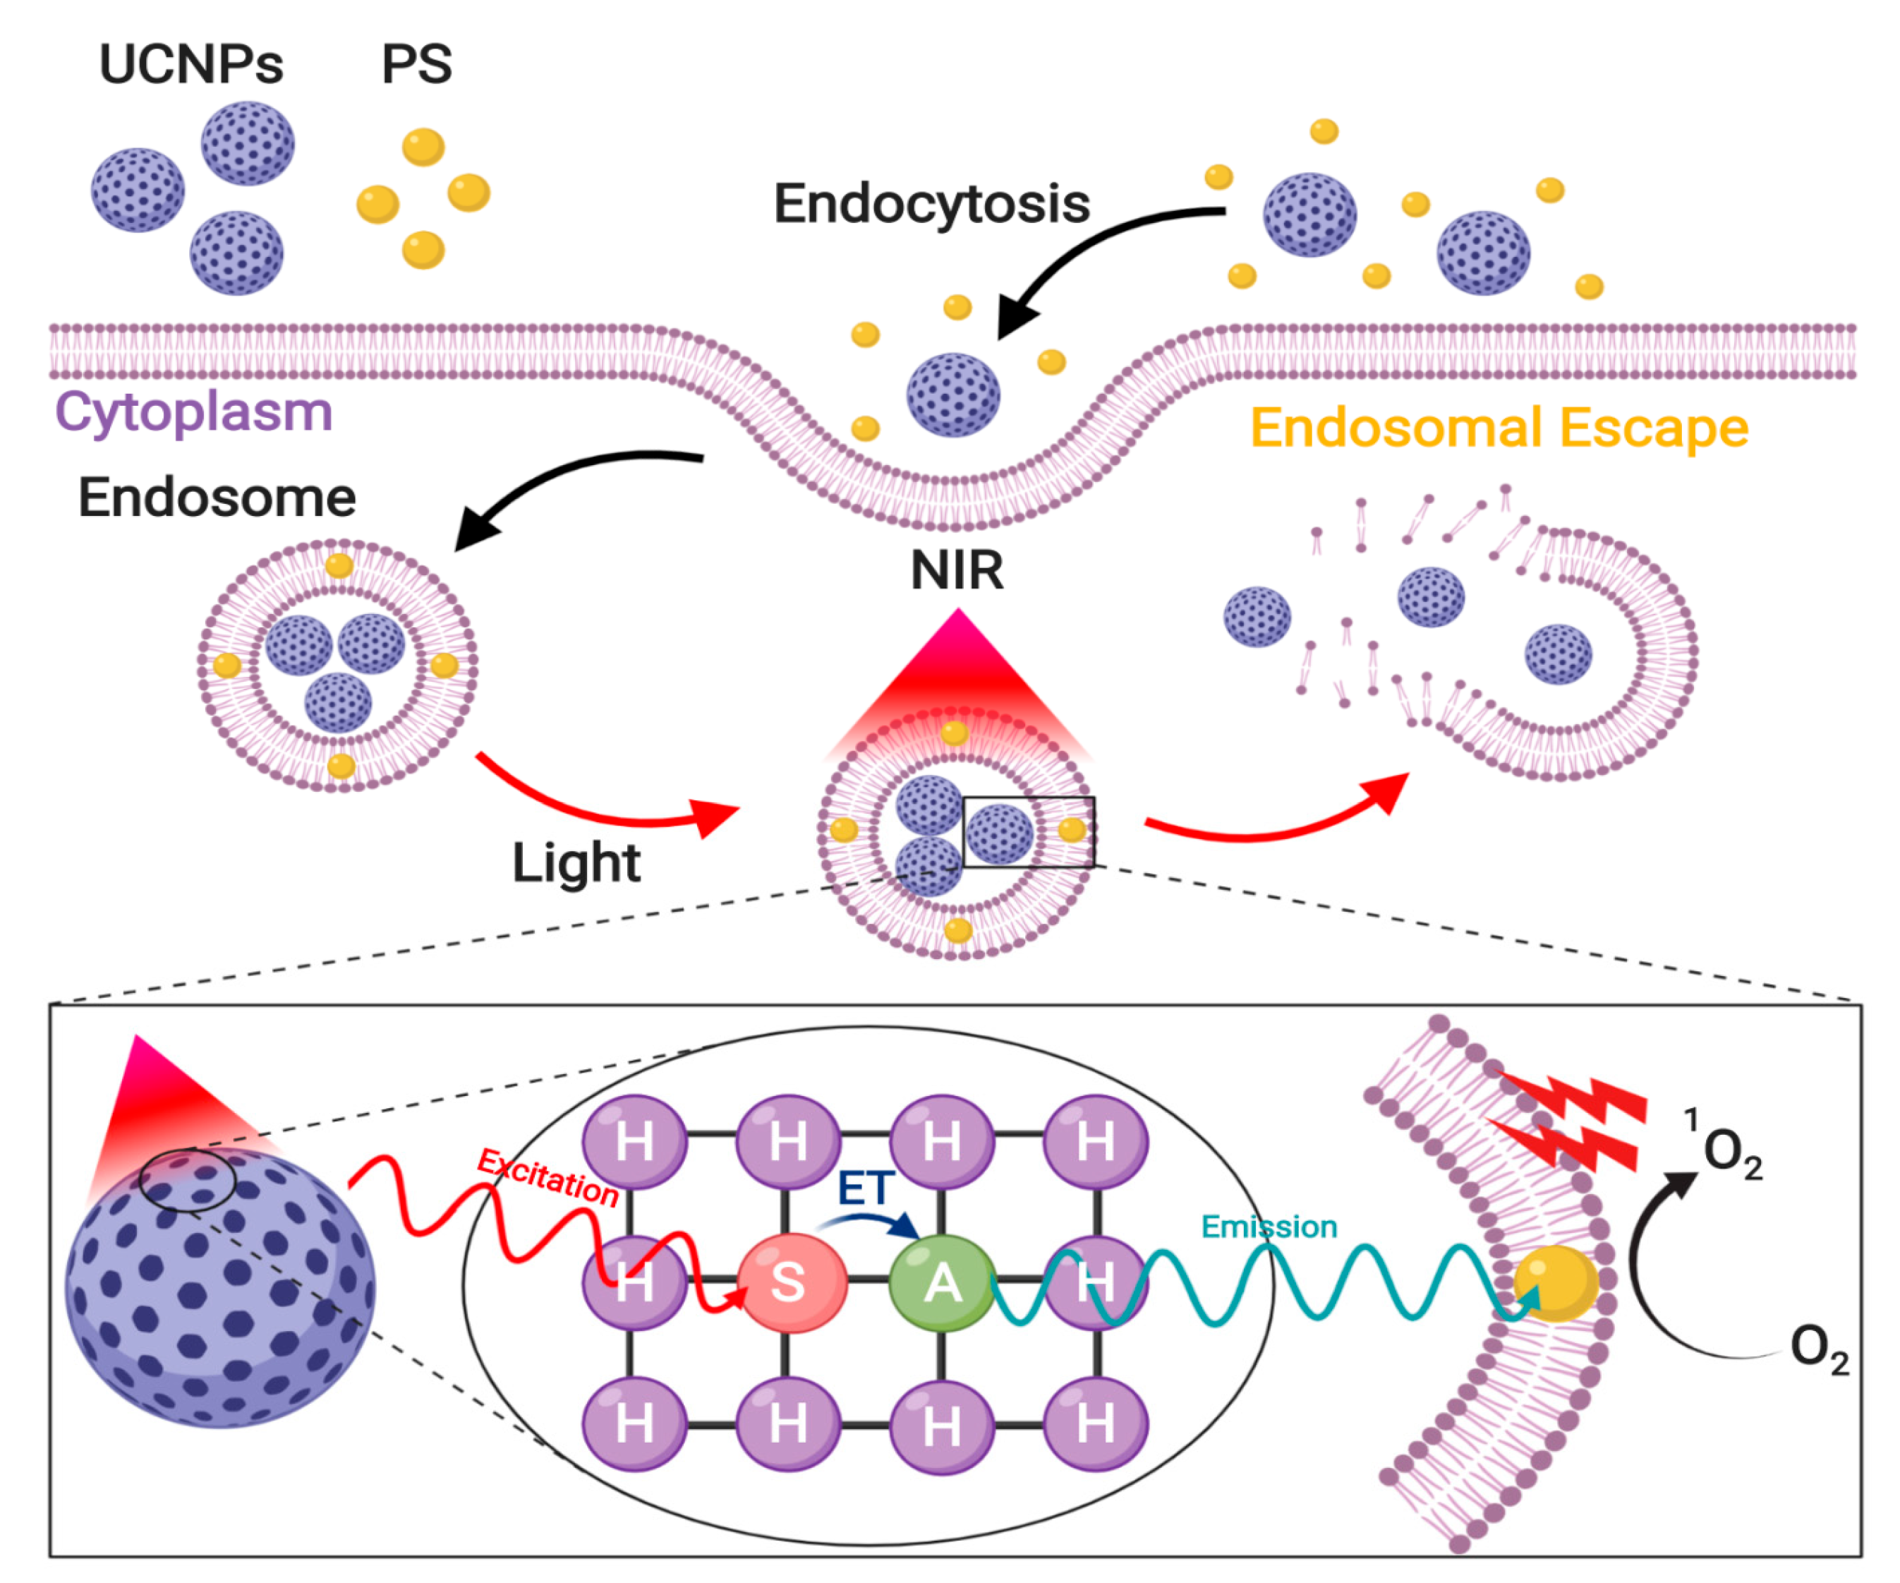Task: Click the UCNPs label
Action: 191,65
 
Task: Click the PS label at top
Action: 416,65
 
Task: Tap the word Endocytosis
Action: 931,204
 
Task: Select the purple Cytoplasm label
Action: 193,413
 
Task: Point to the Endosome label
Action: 217,498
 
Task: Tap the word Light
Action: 576,862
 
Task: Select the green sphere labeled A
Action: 942,1282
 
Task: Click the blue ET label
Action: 865,1188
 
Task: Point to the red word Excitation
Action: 548,1177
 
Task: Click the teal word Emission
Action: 1269,1227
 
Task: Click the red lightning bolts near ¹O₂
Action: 1574,1122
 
